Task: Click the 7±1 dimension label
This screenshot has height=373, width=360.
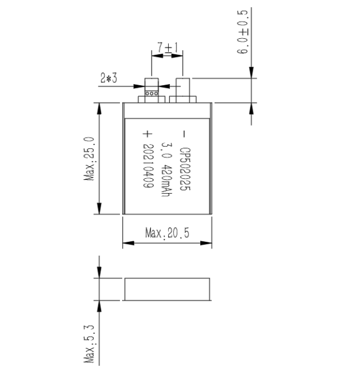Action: pyautogui.click(x=168, y=48)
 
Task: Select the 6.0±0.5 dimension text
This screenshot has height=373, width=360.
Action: pyautogui.click(x=243, y=32)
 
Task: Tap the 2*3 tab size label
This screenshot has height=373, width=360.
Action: pyautogui.click(x=109, y=78)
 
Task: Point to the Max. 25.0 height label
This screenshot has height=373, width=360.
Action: pyautogui.click(x=90, y=159)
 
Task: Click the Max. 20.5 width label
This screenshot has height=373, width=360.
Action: pyautogui.click(x=167, y=233)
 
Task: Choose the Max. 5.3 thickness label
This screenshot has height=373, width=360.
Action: pyautogui.click(x=90, y=344)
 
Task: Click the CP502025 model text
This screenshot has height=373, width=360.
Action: pyautogui.click(x=185, y=169)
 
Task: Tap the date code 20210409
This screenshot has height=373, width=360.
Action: pyautogui.click(x=148, y=166)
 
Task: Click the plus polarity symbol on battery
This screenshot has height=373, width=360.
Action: pyautogui.click(x=147, y=134)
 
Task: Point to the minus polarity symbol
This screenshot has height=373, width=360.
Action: pyautogui.click(x=184, y=134)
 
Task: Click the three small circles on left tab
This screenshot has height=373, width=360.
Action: pyautogui.click(x=152, y=94)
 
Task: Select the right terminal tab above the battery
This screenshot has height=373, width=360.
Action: pyautogui.click(x=182, y=90)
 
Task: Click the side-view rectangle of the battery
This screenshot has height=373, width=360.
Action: pyautogui.click(x=167, y=289)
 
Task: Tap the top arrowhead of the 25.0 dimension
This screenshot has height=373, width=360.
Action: pyautogui.click(x=99, y=108)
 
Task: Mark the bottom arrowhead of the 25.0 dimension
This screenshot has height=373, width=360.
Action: pyautogui.click(x=99, y=209)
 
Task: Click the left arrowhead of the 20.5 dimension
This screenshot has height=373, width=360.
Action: pyautogui.click(x=128, y=243)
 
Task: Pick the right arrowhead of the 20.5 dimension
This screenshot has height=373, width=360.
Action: pyautogui.click(x=206, y=243)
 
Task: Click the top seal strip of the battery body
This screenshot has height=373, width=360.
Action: pyautogui.click(x=167, y=111)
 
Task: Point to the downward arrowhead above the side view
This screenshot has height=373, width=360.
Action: pyautogui.click(x=99, y=272)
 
